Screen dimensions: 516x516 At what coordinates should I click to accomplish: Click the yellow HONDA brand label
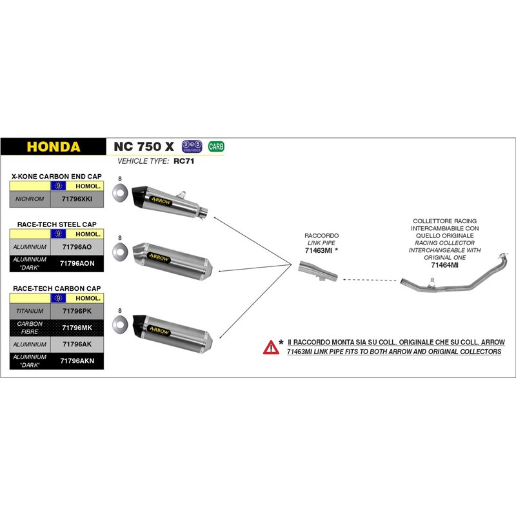pos(54,146)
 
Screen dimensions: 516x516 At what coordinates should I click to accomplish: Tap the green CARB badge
pos(216,146)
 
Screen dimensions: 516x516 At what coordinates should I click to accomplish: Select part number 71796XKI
pos(77,199)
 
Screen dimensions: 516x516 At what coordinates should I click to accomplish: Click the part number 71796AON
pos(77,263)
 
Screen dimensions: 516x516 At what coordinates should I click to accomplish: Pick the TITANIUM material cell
pos(30,311)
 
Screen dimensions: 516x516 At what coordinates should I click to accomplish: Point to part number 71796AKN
pos(77,361)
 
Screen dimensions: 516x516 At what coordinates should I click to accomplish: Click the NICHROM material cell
pos(30,199)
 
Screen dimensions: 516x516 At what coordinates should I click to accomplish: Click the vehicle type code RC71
pos(184,162)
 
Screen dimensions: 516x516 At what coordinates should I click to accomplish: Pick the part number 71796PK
pos(77,311)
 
